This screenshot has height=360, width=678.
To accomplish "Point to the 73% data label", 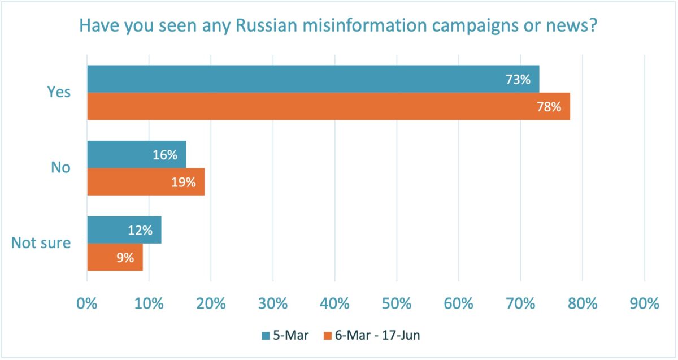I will (x=518, y=80).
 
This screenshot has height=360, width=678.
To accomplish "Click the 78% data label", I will (x=549, y=107).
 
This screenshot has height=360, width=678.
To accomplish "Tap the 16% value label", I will (x=165, y=155).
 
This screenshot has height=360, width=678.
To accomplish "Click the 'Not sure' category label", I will (x=41, y=244).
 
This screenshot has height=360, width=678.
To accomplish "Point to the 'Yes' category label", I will (x=59, y=92).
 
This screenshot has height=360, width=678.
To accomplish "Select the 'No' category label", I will (x=61, y=168).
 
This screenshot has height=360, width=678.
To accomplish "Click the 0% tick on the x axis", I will (x=87, y=303).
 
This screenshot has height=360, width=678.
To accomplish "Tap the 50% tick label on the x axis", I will (x=397, y=303).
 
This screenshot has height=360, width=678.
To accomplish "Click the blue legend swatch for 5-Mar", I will (x=265, y=336).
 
